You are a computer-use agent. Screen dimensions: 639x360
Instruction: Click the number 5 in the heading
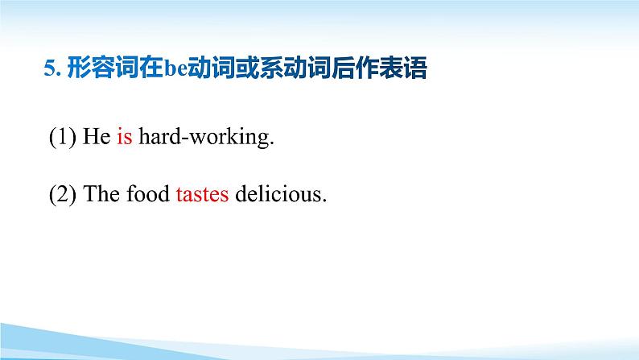50,68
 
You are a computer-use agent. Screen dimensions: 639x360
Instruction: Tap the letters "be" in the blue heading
175,68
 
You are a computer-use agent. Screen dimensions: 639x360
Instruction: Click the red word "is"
125,136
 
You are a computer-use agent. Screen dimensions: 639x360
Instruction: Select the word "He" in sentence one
97,136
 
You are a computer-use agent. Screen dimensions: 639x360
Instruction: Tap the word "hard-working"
204,137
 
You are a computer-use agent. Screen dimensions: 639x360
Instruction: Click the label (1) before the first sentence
62,137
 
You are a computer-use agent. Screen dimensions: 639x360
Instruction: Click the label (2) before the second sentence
62,194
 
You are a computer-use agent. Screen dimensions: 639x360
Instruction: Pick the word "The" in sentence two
101,193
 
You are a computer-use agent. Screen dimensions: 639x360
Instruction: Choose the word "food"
148,193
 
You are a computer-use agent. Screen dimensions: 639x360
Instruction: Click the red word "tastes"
202,194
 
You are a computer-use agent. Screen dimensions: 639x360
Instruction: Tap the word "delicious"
278,193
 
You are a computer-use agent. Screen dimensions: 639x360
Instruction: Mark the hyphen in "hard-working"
185,139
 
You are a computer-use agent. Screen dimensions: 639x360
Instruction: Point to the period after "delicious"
324,201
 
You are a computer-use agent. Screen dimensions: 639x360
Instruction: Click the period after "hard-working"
272,143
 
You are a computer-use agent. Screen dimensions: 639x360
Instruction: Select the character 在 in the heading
151,68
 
